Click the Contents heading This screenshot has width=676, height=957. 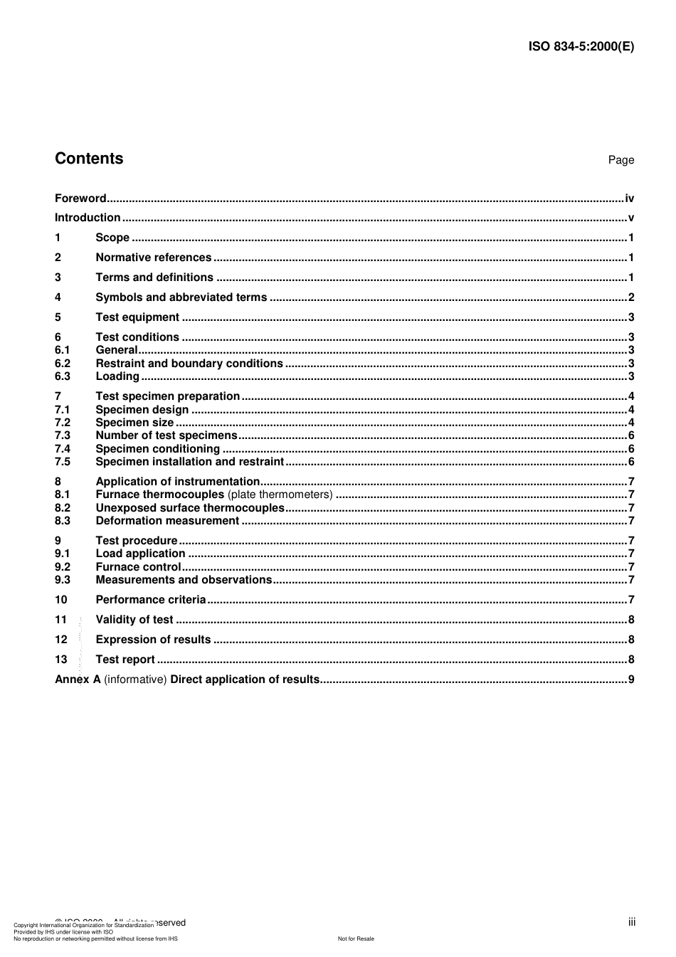(x=89, y=159)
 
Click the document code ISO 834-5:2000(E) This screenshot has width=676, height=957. (x=581, y=47)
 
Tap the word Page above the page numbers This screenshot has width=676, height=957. (x=620, y=160)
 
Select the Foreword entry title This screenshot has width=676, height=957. (x=80, y=199)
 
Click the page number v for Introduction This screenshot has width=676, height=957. (x=630, y=218)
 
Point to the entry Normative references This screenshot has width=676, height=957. (x=153, y=258)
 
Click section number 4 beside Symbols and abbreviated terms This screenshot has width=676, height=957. (x=58, y=297)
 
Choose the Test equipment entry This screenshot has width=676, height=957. (x=137, y=317)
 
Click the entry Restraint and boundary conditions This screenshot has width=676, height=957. (x=189, y=364)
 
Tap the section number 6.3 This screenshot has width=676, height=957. (x=63, y=376)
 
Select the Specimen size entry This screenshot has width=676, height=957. (x=134, y=423)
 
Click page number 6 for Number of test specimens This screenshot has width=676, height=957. (x=631, y=435)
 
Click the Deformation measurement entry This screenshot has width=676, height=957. (x=167, y=521)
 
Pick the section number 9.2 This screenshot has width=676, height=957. (x=63, y=567)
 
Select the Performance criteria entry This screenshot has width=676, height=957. (x=150, y=600)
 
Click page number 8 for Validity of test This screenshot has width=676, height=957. (x=631, y=620)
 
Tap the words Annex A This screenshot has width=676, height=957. (x=78, y=680)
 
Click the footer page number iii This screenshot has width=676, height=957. (x=631, y=922)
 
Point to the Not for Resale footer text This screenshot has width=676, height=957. (x=356, y=939)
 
